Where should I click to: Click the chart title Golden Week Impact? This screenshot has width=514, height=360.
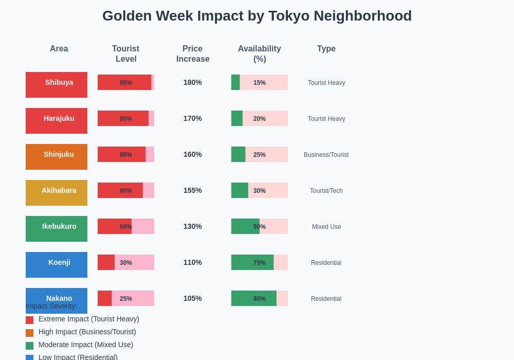257,16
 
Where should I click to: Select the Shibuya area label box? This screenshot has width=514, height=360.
57,85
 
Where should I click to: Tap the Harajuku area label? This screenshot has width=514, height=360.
57,121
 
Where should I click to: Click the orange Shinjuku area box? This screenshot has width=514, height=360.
57,157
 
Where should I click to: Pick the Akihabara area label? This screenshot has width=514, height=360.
57,193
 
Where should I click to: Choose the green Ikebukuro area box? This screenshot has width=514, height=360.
57,229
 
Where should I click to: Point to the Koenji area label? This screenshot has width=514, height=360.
57,265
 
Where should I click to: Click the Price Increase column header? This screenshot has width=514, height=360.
193,54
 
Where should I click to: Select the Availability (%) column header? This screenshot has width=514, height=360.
260,54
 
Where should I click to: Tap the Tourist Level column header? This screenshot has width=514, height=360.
126,54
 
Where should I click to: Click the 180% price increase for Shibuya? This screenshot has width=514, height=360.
193,82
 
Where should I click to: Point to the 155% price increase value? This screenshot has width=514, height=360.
193,190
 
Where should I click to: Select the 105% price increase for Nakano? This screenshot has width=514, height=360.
193,298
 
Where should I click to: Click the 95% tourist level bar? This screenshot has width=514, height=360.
124,82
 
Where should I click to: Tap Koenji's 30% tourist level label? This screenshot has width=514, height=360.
126,263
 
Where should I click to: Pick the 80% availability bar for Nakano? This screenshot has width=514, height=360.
254,298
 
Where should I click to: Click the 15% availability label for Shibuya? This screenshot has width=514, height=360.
260,83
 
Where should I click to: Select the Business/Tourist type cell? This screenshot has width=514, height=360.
326,155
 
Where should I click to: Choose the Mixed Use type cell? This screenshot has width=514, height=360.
326,227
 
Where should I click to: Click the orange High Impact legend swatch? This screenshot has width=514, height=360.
29,333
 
